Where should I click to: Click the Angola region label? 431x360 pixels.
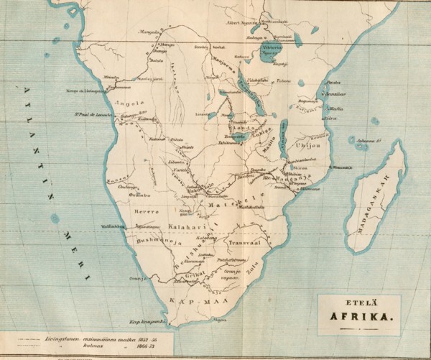pos(136,102)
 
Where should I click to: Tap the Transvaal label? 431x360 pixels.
pos(243,243)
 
